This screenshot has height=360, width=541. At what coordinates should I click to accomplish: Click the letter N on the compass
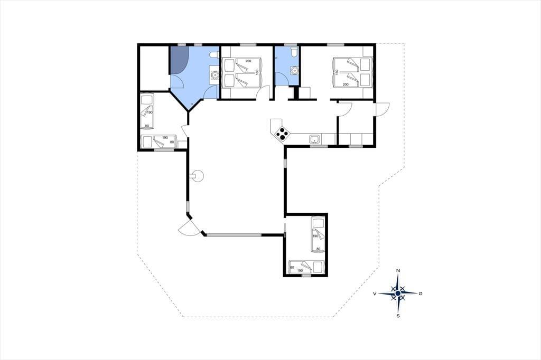398,271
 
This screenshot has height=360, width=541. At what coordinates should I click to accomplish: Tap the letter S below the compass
398,316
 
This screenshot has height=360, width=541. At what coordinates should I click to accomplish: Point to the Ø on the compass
420,293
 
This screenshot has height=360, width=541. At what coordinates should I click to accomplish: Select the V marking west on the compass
375,293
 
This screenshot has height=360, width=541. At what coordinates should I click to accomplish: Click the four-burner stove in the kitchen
283,134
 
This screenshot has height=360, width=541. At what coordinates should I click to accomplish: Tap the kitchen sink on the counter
315,139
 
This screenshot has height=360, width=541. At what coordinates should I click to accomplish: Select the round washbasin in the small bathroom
294,70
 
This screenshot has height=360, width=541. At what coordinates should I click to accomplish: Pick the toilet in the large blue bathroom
213,55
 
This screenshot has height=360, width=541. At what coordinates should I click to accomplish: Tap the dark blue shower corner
180,59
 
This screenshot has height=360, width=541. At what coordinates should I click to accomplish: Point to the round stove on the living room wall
198,176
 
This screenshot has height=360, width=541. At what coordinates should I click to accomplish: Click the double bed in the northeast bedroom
352,72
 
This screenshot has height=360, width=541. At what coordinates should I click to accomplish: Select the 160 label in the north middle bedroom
257,72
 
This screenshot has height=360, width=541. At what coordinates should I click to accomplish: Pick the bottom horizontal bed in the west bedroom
159,141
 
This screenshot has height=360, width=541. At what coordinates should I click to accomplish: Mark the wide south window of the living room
234,235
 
